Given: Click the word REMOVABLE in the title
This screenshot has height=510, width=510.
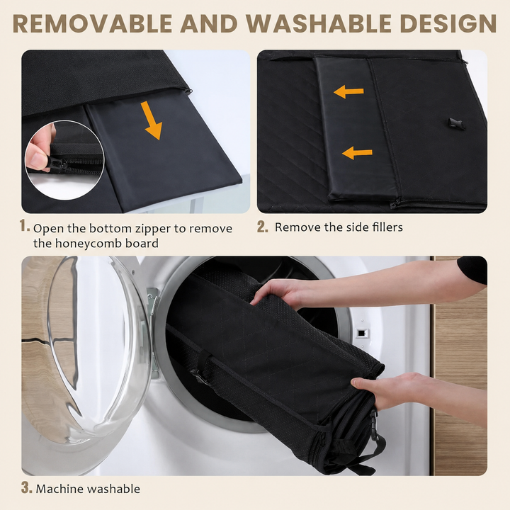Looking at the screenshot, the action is tap(93, 24).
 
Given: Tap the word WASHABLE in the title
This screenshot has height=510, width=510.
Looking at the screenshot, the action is tap(319, 24).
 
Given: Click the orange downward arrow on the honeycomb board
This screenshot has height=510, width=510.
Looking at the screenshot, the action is tap(152, 120).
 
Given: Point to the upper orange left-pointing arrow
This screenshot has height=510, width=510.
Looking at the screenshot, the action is tap(348, 91).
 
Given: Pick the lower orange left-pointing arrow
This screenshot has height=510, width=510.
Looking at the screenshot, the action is tap(357, 152).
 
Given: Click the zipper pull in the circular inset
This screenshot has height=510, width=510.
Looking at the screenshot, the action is tap(57, 164).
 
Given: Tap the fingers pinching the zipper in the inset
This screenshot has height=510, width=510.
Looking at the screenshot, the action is tap(39, 152).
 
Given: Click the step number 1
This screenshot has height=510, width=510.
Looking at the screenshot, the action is tap(24, 225).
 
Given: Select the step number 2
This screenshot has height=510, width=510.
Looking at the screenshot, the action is tap(263, 227).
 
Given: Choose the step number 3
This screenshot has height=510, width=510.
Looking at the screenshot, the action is tap(27, 487).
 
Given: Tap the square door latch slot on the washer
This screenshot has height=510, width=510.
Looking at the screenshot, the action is tap(361, 333).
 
